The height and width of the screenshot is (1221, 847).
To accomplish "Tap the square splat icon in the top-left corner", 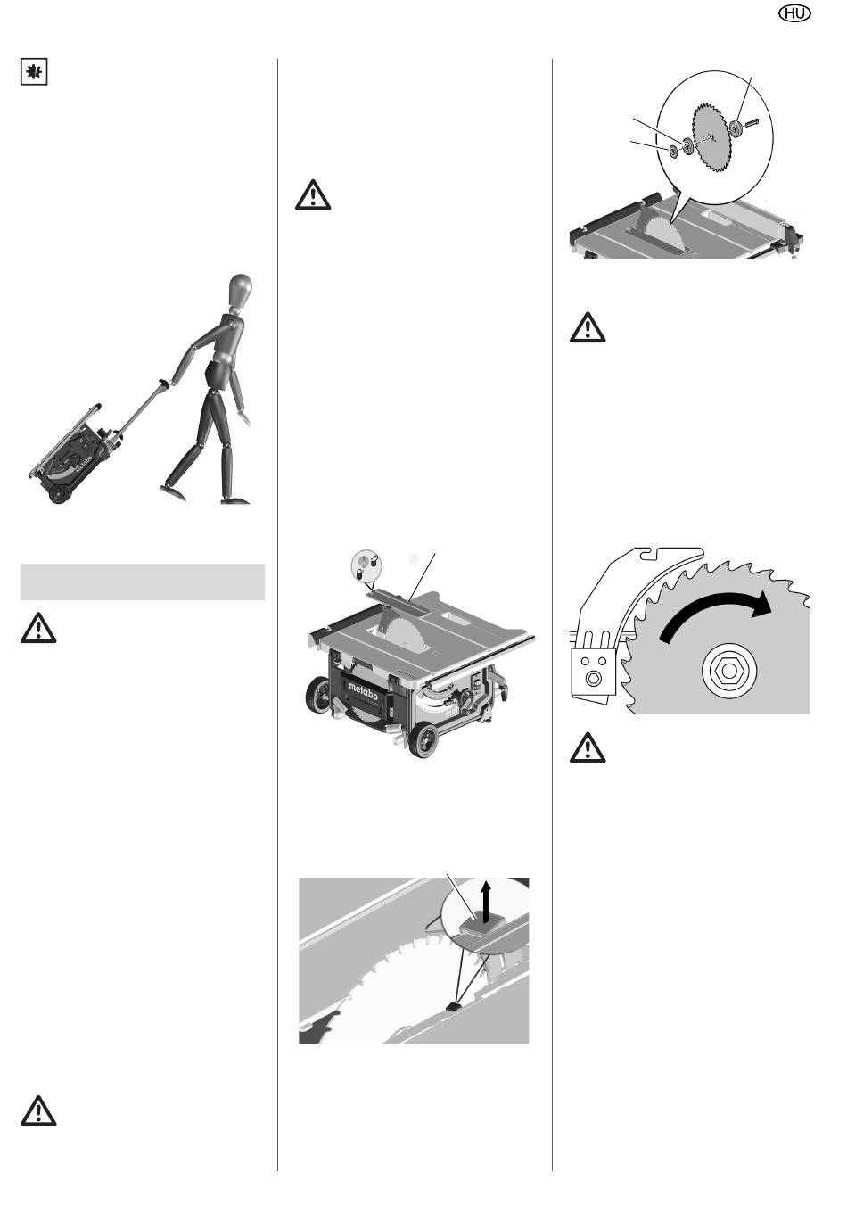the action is [x=34, y=71].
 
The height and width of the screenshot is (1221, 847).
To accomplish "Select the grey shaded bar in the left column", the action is [x=143, y=582].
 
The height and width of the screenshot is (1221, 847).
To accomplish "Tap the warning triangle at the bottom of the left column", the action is [x=38, y=1110].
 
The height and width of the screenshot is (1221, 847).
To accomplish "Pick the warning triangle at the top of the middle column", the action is [x=313, y=194].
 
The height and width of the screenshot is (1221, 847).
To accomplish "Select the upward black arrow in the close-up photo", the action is [x=486, y=903].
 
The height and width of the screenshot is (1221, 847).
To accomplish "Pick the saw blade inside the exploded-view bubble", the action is [x=713, y=137].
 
